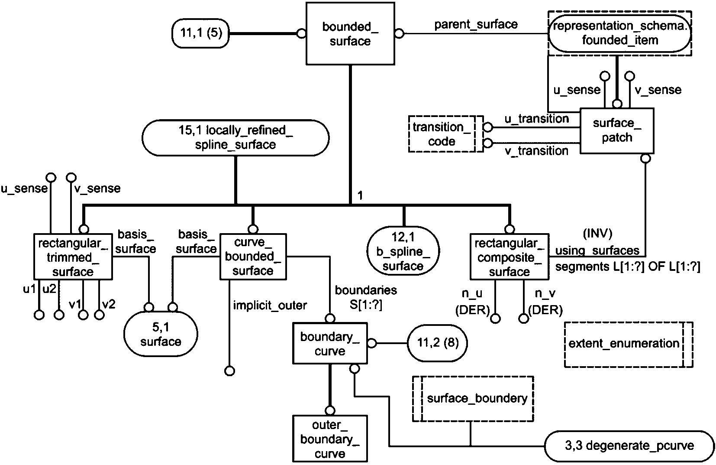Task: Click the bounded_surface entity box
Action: coord(350,34)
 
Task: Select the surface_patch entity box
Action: coord(616,130)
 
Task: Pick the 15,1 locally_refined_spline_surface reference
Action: coord(235,137)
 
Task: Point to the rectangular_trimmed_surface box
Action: coord(73,257)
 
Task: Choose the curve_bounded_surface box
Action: coord(253,257)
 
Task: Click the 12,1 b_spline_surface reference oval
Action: coord(403,251)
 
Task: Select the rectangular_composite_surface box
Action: coord(509,257)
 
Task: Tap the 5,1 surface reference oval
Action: coord(161,335)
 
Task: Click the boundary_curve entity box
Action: coord(330,343)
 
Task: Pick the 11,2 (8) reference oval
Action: coord(438,343)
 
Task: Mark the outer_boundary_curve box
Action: coord(330,439)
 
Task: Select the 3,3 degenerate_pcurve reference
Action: coord(629,445)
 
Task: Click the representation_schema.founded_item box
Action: coord(619,33)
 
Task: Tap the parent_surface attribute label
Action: coord(476,24)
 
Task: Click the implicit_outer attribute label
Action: coord(270,306)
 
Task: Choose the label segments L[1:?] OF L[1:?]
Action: coord(627,267)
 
